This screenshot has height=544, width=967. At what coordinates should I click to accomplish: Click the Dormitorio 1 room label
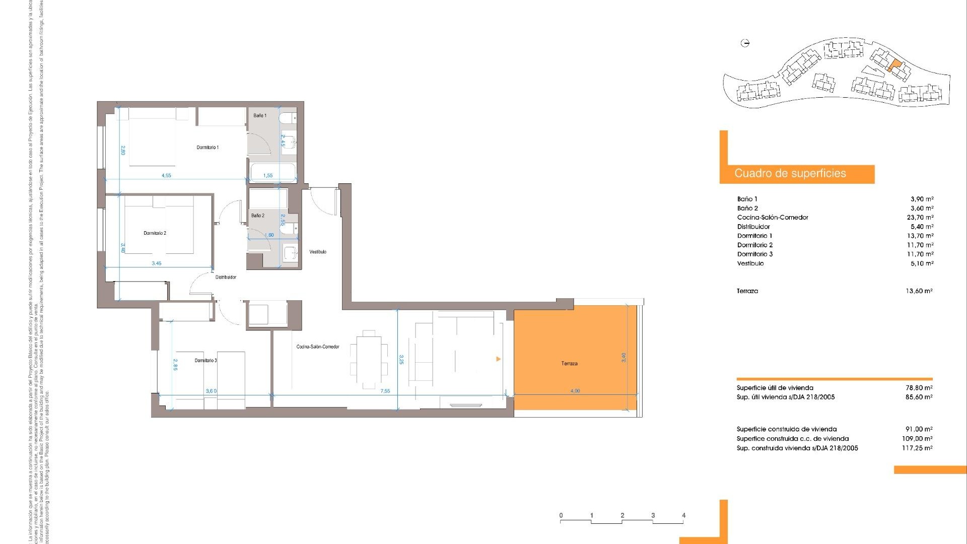coord(208,148)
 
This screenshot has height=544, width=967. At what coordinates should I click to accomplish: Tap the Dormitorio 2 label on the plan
coord(155,233)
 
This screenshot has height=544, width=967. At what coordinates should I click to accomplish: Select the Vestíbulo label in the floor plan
coord(318,252)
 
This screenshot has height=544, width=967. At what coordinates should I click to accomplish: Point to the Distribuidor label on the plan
coord(226,277)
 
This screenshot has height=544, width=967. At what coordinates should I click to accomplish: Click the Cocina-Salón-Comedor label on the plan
coord(317,347)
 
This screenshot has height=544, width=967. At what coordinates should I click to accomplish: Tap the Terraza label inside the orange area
coord(569,364)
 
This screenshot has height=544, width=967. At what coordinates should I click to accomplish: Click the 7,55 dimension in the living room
coord(385,391)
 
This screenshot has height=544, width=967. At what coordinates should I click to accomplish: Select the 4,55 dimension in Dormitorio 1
coord(166,176)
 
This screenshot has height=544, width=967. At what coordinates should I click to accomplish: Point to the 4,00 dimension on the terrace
coord(575,391)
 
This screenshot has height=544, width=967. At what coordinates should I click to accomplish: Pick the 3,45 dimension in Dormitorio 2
coord(157,263)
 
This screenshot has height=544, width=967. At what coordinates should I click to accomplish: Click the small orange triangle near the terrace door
coord(498,359)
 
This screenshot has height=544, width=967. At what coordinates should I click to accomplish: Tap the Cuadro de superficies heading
coord(790,174)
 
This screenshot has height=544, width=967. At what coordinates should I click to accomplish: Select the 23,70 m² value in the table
coord(920,218)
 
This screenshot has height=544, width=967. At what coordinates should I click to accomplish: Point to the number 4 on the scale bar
coord(683,515)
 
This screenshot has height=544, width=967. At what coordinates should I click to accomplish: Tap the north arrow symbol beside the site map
coord(745,43)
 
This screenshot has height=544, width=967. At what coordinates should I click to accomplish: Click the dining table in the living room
coord(369,360)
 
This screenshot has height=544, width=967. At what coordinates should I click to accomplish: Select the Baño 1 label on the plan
coord(260,116)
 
